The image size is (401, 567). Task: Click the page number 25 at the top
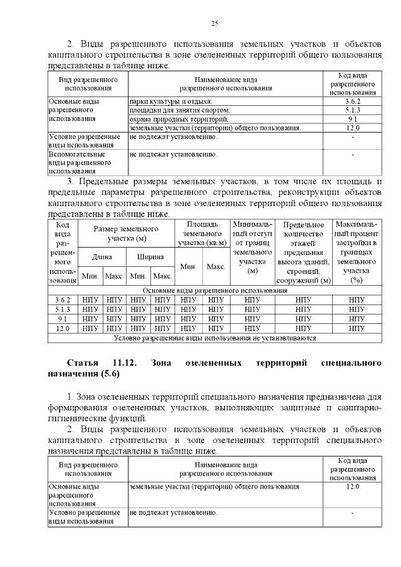214,23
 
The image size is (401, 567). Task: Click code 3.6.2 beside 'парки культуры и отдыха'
352,101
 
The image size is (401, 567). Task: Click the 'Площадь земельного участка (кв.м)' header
202,234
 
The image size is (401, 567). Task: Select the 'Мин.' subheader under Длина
90,276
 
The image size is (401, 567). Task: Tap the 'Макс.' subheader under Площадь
216,267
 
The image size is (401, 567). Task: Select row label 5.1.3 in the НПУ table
62,310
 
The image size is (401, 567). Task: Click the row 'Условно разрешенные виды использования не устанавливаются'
215,338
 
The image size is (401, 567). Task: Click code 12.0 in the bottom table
352,487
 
